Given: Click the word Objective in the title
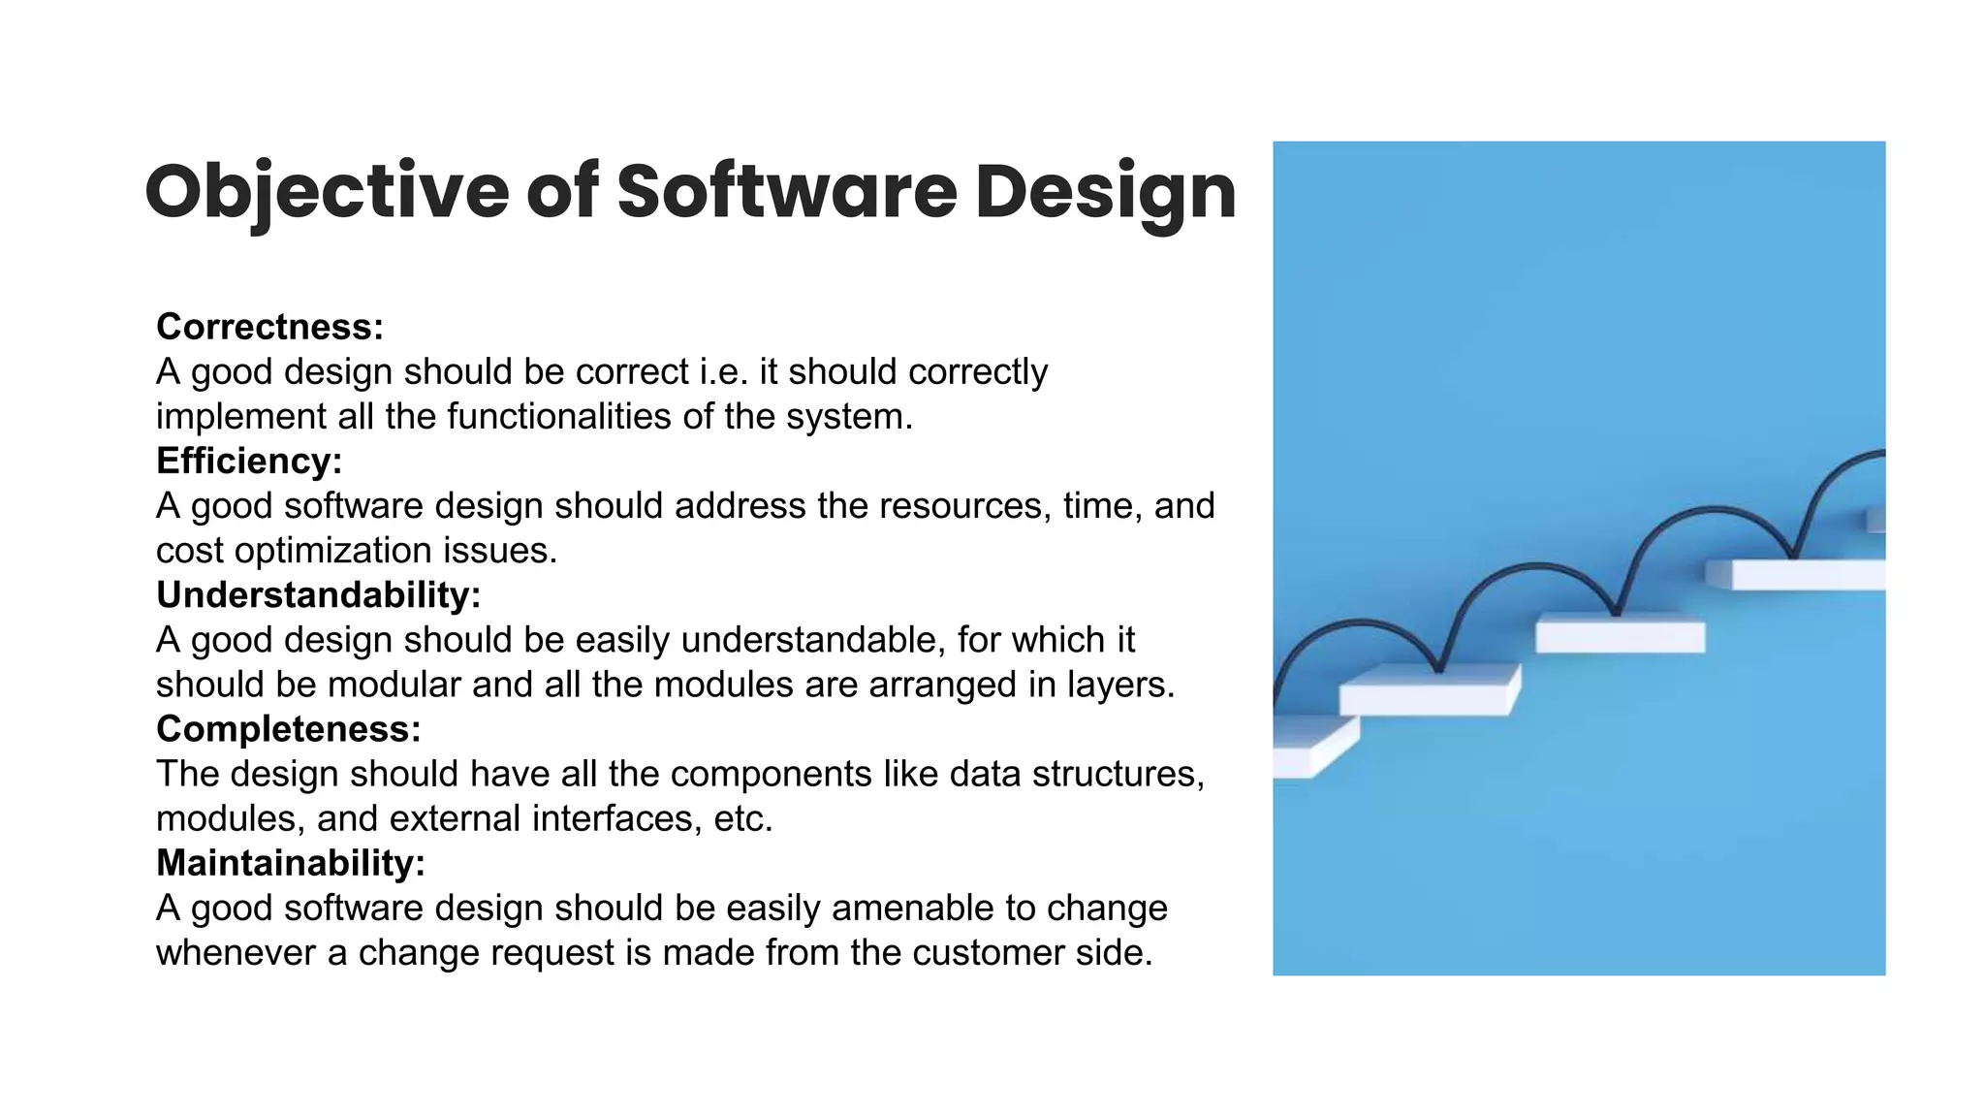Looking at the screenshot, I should [326, 192].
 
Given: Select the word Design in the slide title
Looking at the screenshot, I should [1105, 192].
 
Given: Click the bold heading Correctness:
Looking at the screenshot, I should [269, 327].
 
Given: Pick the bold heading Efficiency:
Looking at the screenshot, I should [249, 461].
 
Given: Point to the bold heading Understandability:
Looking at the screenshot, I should [318, 595].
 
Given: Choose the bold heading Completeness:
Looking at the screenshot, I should [288, 729].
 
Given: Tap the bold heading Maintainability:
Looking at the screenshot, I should [291, 863].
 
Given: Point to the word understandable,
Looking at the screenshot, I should [813, 640].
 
